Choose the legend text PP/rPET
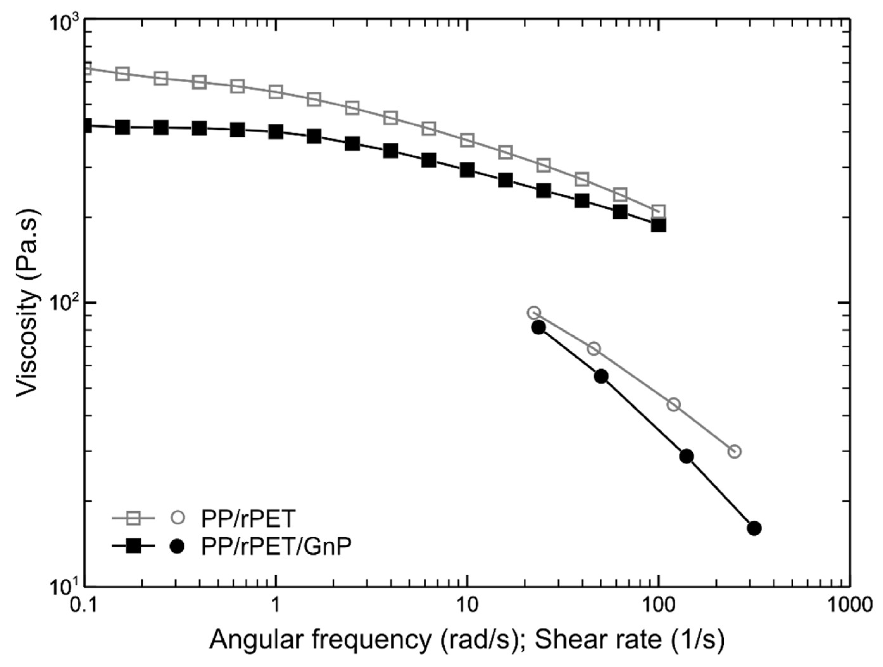point(247,519)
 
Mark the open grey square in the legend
point(133,519)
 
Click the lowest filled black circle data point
point(754,528)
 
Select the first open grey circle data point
point(534,313)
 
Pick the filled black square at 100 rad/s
point(658,225)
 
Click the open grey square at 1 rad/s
point(276,92)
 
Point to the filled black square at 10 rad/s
point(467,170)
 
